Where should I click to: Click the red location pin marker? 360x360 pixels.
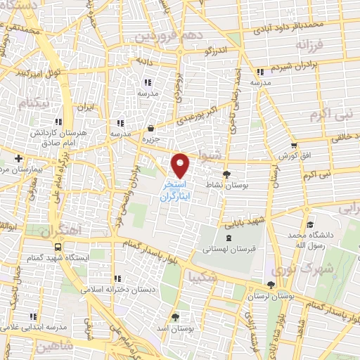coord(181,165)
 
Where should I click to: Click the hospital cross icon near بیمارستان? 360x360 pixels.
coord(18,157)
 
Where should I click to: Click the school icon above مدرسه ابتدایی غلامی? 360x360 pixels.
coord(33,316)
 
